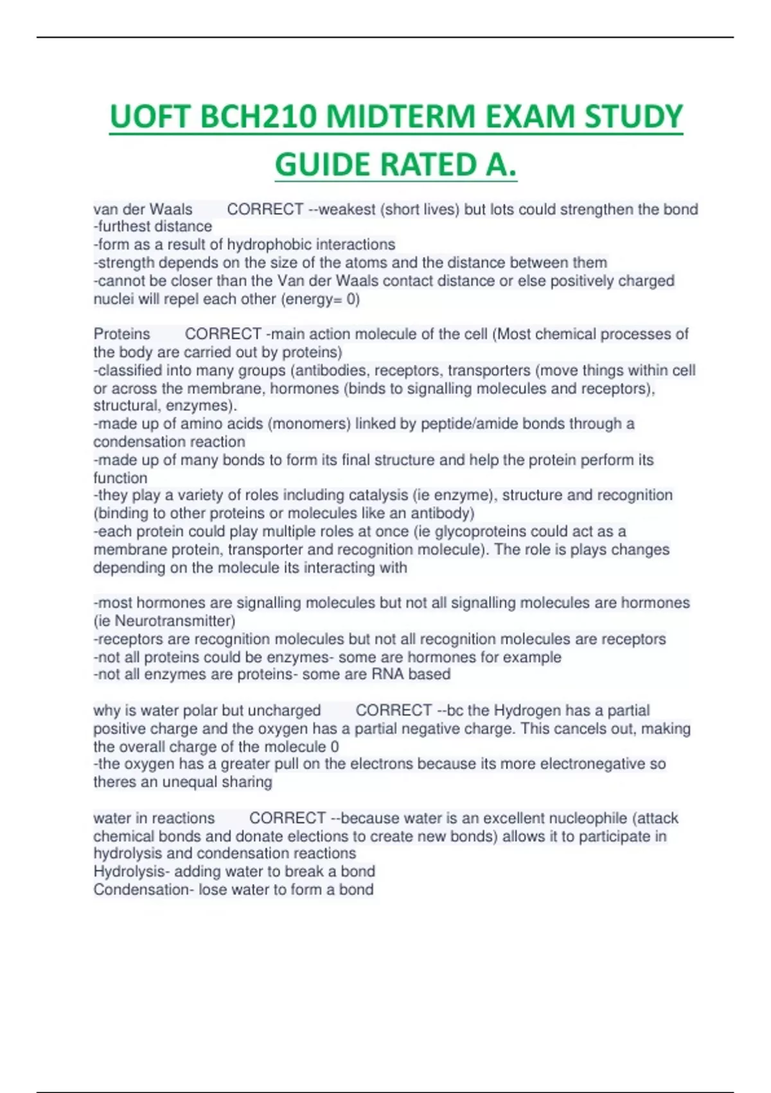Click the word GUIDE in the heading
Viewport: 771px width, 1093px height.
click(323, 165)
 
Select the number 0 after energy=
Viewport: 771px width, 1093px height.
click(351, 300)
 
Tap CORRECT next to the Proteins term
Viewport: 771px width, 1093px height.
click(223, 334)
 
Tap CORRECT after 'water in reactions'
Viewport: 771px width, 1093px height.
click(287, 818)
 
